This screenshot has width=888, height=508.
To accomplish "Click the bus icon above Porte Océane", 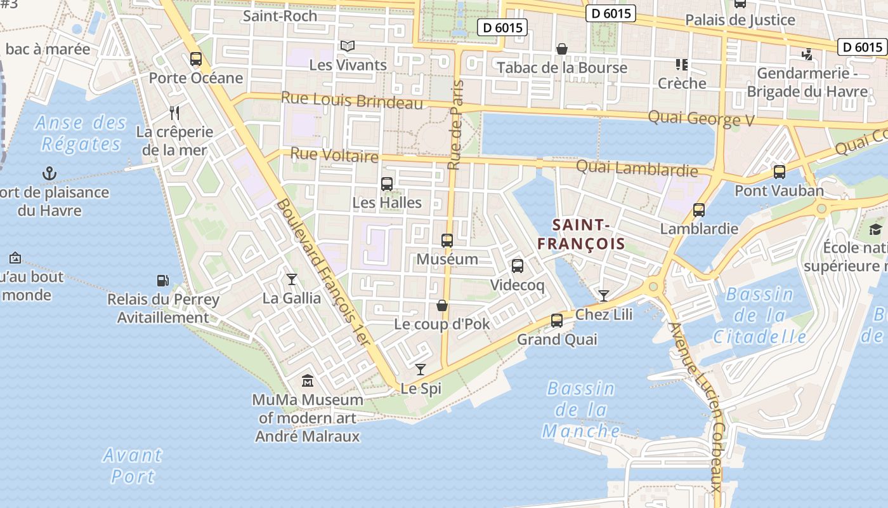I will coord(196,59).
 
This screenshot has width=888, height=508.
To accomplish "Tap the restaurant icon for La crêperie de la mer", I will coord(174,113).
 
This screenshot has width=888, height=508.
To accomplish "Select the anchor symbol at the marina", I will coord(49,173).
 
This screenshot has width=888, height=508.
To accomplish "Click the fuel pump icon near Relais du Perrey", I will coord(163,280).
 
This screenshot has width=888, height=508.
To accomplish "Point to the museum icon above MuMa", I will coord(308,380).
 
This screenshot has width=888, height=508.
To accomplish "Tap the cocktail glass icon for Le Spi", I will coord(421,369).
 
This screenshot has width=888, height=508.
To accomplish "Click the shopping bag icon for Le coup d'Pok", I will coord(442,305).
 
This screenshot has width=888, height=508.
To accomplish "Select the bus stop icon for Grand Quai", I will coord(557,320).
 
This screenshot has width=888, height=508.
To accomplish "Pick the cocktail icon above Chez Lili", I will coord(603,295).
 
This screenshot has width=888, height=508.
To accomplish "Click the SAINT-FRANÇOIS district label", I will coord(581,234).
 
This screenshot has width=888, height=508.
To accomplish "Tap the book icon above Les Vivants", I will coord(347,46).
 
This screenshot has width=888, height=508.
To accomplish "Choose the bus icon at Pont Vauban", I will coord(779,171).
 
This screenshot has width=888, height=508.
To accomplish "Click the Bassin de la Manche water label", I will coord(581,410).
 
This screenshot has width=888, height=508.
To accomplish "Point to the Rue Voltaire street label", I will coord(334,155).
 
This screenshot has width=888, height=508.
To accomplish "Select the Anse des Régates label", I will coord(81,133).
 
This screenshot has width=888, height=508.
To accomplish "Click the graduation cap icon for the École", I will coord(875,229).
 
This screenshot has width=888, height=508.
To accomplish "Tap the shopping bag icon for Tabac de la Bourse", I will coord(561,49).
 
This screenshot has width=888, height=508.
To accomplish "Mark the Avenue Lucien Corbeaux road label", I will coord(696,406).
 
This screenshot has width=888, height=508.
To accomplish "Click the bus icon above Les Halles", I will coord(386,184).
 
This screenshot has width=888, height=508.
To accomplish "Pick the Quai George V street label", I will coord(700,118).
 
